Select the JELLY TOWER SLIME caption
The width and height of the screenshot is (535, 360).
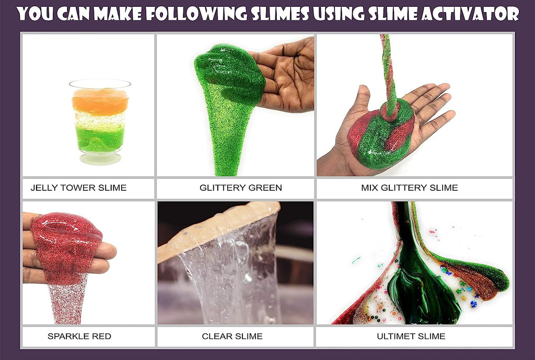(x=78, y=188)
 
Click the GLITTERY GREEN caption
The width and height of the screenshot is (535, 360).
(x=240, y=188)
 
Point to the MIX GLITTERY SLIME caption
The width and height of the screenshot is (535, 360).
(x=410, y=188)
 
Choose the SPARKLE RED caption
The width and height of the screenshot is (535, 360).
(x=79, y=336)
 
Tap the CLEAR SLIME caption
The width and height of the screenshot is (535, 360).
(x=232, y=336)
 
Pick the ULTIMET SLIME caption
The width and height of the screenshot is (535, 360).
(x=411, y=336)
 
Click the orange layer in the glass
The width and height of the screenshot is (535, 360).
(x=100, y=102)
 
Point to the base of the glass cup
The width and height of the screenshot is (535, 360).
(x=100, y=159)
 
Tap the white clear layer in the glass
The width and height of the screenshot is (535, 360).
(x=100, y=120)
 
